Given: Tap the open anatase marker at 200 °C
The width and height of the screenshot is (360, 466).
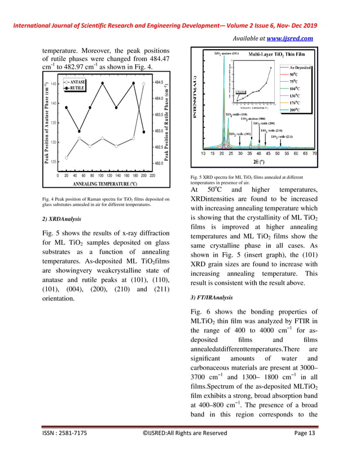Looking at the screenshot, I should pos(143,83).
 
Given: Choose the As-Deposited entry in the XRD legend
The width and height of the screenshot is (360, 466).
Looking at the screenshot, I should pos(300,67).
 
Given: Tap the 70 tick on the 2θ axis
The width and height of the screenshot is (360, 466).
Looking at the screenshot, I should pos(314,153).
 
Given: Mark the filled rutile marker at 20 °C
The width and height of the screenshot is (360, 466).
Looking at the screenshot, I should pos(67,107).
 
